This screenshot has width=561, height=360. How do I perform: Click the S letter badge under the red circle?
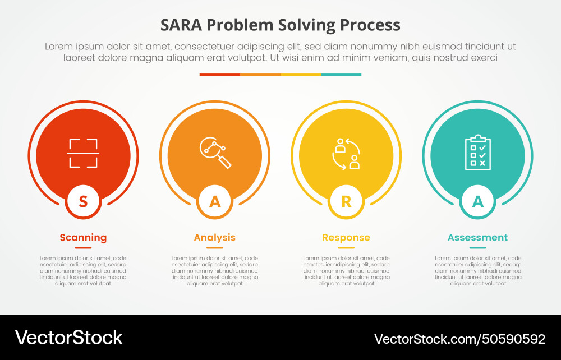point(83,201)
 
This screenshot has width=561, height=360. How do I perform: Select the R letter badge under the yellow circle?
point(346,201)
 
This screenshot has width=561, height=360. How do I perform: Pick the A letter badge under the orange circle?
point(215,201)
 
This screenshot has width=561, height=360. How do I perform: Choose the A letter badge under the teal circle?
point(477,201)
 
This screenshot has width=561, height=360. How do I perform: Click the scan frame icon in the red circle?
point(83,153)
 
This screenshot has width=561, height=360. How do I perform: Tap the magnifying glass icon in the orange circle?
point(215,152)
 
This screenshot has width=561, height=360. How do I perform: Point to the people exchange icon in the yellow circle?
point(346,153)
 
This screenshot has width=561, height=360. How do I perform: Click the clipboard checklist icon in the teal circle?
point(477,151)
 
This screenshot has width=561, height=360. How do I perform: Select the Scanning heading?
point(83,238)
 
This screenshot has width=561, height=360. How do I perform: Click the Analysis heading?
point(215,238)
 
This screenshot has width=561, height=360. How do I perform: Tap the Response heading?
point(346,238)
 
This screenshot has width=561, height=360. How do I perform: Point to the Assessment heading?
point(477,238)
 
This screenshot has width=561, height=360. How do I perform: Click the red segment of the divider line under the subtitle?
point(220,74)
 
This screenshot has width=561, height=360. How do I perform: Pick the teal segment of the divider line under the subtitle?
point(341,74)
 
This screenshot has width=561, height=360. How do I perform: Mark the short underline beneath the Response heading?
point(346,247)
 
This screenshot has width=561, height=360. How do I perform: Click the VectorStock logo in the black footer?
point(68,338)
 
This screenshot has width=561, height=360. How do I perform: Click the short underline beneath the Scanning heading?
point(83,247)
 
